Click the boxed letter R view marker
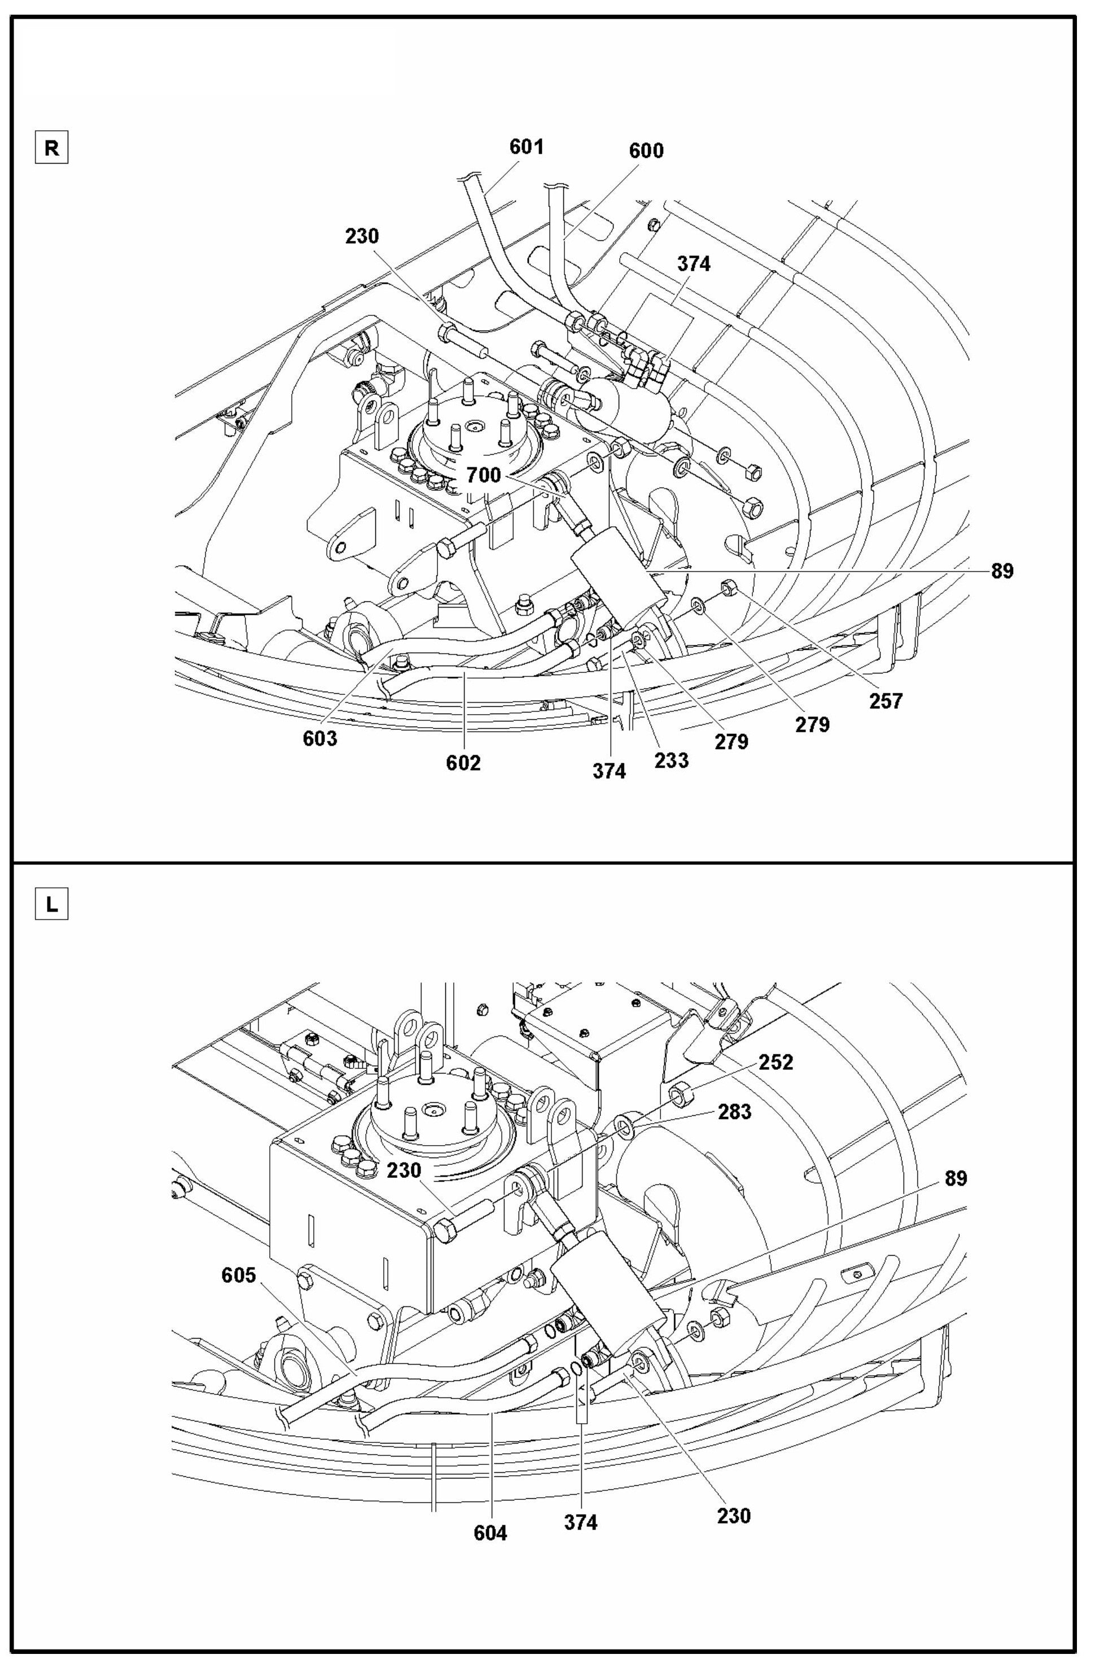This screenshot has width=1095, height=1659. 52,149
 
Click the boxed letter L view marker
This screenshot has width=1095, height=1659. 52,905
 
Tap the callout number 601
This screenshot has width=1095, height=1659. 526,147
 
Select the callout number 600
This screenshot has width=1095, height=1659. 646,151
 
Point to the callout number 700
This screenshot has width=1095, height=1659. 484,476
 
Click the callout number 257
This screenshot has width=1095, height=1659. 886,700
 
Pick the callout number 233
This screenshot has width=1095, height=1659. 672,760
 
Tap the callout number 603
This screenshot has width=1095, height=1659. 320,738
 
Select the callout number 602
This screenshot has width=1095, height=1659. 464,763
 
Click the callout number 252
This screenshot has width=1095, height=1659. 776,1062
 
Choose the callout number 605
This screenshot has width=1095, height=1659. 239,1275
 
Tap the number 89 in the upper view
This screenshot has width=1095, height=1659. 1002,571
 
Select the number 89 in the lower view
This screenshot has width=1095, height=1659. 956,1178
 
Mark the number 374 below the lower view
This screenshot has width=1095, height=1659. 581,1522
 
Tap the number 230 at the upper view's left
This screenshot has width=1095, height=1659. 362,236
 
